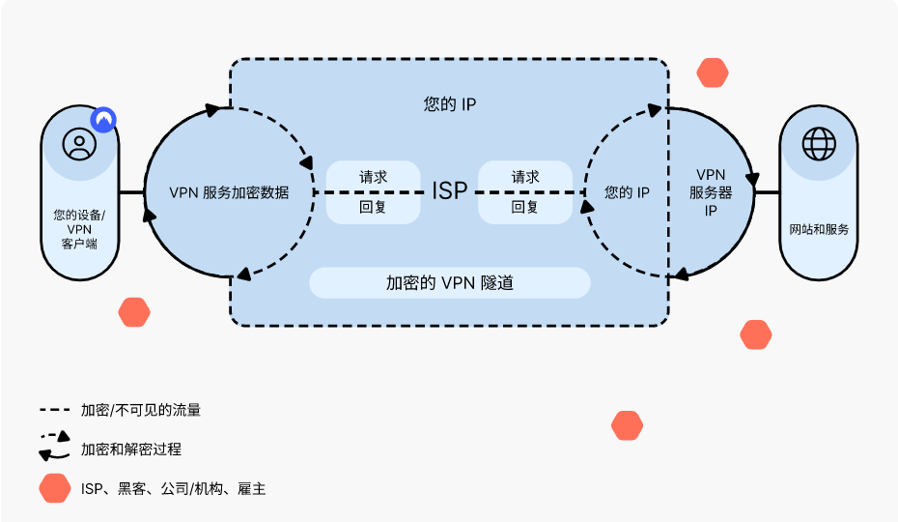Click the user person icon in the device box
79,144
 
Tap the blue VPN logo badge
103,120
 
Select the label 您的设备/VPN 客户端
79,229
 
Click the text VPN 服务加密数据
229,192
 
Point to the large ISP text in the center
449,190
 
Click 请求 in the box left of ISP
373,177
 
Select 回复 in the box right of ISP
524,207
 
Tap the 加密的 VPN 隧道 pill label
449,283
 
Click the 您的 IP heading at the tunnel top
449,103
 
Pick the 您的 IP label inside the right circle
627,192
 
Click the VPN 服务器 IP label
711,192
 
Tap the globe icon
819,144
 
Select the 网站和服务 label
819,229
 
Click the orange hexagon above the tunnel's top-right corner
713,73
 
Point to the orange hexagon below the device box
134,312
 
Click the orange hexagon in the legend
55,489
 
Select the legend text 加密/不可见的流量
141,410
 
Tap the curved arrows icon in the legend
55,447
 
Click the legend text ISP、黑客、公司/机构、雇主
173,489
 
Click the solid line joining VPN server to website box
767,192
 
